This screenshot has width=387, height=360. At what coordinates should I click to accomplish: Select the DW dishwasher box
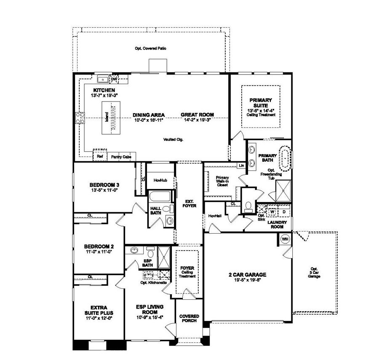click(x=114, y=79)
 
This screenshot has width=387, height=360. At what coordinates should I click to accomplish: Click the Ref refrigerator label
click(x=100, y=156)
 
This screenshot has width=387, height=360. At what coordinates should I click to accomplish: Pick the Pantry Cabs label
click(x=121, y=157)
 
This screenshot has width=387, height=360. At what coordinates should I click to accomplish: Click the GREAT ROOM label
click(x=198, y=115)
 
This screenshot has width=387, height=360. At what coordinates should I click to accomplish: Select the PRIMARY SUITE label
click(x=261, y=103)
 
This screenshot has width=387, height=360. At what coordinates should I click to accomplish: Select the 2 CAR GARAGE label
click(x=247, y=275)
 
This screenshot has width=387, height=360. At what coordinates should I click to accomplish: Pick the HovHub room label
click(x=160, y=180)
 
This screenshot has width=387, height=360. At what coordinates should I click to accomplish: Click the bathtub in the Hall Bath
click(x=160, y=197)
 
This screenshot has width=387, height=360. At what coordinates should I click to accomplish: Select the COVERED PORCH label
click(x=189, y=319)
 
